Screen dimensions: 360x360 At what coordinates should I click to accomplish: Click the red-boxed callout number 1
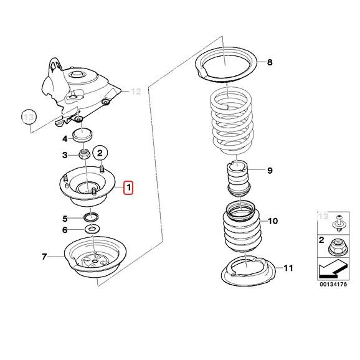pyautogui.click(x=128, y=187)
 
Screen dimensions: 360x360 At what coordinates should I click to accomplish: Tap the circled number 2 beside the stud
pyautogui.click(x=102, y=152)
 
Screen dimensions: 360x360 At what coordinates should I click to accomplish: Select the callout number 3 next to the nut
pyautogui.click(x=65, y=155)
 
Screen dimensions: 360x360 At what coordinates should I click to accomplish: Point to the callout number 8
pyautogui.click(x=270, y=62)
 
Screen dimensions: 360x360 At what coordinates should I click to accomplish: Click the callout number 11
pyautogui.click(x=287, y=268)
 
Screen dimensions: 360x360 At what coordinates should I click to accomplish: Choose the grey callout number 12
pyautogui.click(x=136, y=92)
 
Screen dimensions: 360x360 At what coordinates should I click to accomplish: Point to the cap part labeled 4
pyautogui.click(x=83, y=136)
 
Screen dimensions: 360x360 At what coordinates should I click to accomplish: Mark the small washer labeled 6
pyautogui.click(x=92, y=229)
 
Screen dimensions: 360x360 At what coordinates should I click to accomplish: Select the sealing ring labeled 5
pyautogui.click(x=92, y=217)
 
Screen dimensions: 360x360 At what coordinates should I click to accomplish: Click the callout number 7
pyautogui.click(x=44, y=257)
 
